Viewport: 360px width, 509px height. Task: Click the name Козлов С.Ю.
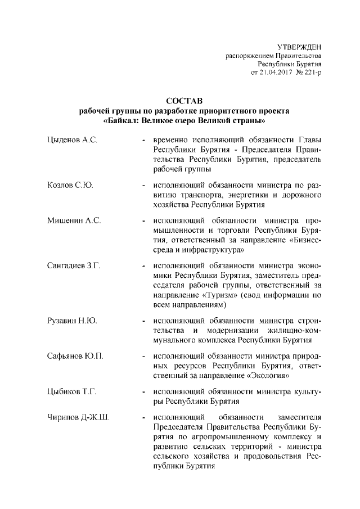(70, 184)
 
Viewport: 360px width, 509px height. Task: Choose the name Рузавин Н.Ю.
(73, 321)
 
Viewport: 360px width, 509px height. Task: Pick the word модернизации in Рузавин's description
(232, 330)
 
